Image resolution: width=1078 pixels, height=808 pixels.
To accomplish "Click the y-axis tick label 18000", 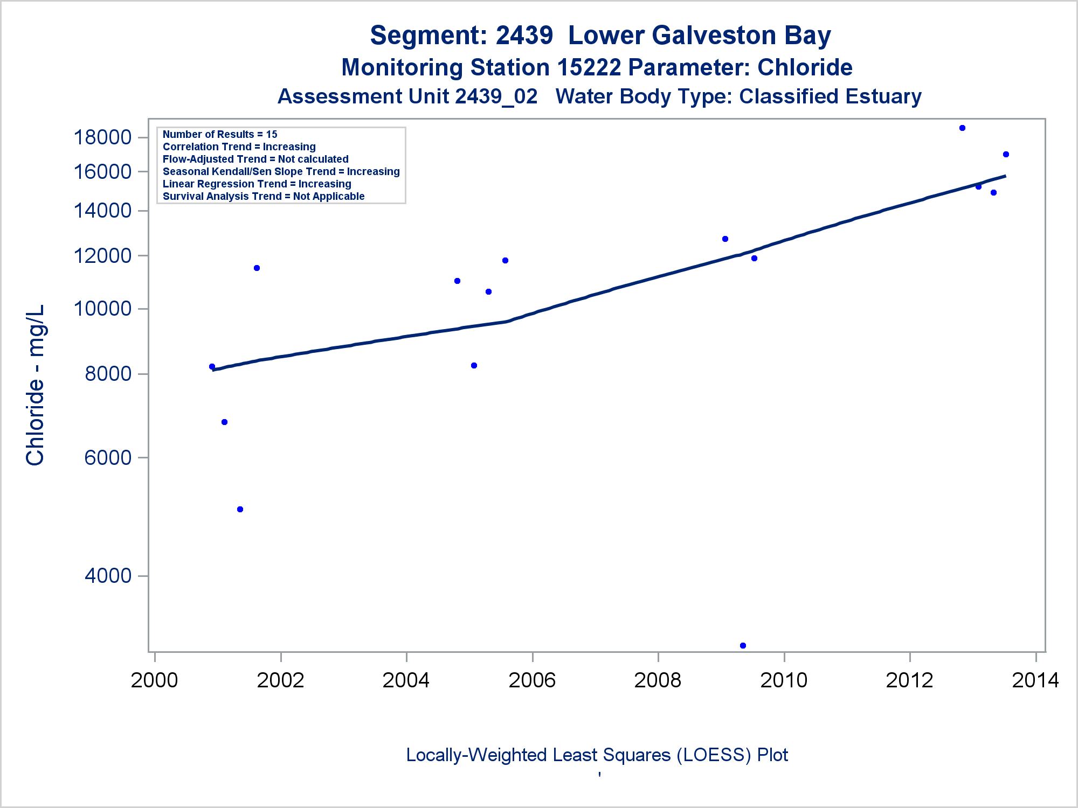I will click(x=102, y=137).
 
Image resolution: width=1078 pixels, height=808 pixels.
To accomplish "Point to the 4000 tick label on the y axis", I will click(x=108, y=575).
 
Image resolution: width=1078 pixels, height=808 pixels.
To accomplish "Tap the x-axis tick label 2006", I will click(x=532, y=680).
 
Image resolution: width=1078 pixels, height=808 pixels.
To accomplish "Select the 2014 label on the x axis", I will click(x=1035, y=680).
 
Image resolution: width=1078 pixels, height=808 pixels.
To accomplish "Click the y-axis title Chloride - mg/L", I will click(x=35, y=385).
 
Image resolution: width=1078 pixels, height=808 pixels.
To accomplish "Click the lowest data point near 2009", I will click(x=743, y=645).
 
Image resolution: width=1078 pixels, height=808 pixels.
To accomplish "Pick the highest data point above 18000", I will click(x=962, y=128).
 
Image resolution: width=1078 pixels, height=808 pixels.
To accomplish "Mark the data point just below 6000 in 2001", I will click(x=240, y=509).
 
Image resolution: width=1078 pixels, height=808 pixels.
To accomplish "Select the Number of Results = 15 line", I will click(x=220, y=134).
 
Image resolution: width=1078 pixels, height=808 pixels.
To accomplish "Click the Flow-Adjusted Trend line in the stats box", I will click(x=255, y=159).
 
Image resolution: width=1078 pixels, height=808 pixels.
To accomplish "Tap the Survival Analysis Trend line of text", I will click(x=264, y=196).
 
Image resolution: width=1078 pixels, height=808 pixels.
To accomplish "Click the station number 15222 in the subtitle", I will click(x=590, y=67).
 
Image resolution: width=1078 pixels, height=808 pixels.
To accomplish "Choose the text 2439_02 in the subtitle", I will click(x=496, y=96).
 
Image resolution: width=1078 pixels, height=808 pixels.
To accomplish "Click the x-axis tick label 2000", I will click(x=154, y=680).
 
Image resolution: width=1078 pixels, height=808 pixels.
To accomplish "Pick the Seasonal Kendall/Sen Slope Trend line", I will click(x=281, y=171).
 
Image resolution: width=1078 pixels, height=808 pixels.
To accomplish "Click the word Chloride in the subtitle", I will click(x=805, y=67).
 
